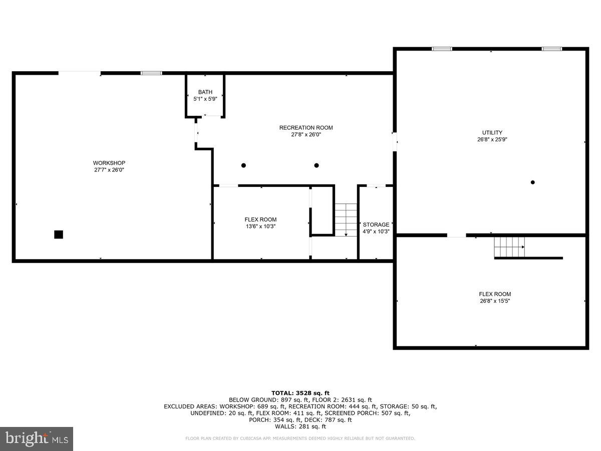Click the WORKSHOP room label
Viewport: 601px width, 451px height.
tap(109, 163)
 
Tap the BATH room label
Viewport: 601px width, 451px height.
tap(205, 92)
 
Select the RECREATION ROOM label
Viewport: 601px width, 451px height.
tap(306, 128)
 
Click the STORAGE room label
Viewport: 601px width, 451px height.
tap(376, 224)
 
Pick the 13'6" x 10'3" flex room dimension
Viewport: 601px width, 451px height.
tap(260, 227)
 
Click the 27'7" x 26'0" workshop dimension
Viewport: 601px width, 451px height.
tap(109, 170)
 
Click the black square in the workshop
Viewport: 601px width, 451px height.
tap(59, 234)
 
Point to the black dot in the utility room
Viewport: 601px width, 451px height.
tap(533, 182)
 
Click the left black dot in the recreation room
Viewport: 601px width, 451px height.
tap(243, 165)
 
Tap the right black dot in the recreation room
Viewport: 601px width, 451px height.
tap(317, 165)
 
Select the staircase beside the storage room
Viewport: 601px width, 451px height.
tap(346, 219)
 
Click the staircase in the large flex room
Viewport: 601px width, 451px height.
tap(509, 247)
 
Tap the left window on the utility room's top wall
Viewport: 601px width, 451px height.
tap(442, 49)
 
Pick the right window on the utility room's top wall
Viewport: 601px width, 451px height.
tap(551, 49)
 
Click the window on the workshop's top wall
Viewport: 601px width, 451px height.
tap(151, 73)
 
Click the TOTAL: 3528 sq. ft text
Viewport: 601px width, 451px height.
tap(300, 393)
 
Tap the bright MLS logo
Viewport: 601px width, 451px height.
tap(37, 439)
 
